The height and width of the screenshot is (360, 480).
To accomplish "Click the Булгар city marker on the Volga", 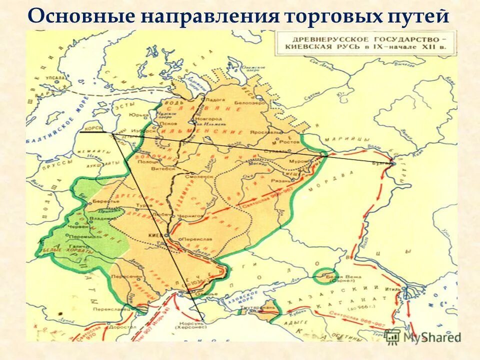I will pos(392,163).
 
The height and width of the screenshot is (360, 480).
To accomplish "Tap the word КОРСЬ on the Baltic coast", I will pos(93,129).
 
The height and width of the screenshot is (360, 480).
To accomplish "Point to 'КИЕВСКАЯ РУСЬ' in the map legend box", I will pos(318,47).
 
